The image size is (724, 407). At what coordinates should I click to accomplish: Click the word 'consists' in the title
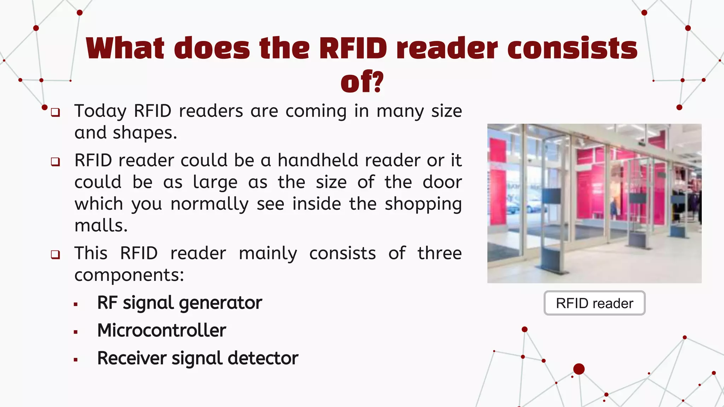pos(572,48)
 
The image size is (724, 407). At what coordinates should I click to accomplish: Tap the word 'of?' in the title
pos(362,82)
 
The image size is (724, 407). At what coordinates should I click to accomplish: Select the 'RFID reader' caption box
pos(594,303)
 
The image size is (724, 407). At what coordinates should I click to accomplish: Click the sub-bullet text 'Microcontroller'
pos(162,330)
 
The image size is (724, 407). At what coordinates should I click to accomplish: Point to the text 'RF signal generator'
pos(180,303)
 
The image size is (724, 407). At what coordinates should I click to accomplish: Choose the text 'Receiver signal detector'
pos(198,358)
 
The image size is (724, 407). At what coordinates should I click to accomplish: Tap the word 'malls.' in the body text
pos(101,225)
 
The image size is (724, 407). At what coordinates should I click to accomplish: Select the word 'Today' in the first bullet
pos(100,111)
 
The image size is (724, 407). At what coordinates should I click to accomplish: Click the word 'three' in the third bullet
pos(439,253)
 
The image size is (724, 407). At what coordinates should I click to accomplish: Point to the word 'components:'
pos(129,275)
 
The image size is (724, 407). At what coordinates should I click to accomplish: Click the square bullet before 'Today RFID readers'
pos(56,112)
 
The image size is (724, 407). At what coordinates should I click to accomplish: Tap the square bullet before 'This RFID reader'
pos(56,254)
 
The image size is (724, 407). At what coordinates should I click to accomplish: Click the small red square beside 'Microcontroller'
pos(76,332)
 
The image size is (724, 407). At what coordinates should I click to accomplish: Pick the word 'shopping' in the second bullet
pos(423,205)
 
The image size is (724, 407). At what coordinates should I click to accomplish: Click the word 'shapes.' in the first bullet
pos(145,133)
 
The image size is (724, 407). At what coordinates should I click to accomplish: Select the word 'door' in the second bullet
pos(442,182)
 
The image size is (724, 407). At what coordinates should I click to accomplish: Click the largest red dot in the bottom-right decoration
pos(579,369)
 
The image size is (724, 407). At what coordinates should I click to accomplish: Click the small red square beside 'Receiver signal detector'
pos(76,360)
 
